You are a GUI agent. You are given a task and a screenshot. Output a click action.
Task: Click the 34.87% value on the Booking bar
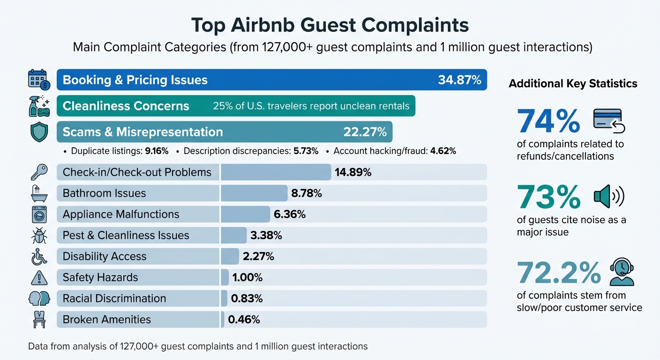pyautogui.click(x=459, y=80)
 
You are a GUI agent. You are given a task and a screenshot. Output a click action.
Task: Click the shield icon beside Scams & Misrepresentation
pyautogui.click(x=39, y=132)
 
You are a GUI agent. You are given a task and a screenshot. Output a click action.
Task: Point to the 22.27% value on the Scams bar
pyautogui.click(x=365, y=132)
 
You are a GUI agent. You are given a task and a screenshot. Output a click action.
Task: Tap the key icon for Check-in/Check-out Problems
pyautogui.click(x=39, y=172)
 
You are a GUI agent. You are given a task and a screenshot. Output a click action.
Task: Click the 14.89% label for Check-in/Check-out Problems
pyautogui.click(x=353, y=172)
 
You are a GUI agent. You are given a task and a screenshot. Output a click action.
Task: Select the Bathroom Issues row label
pyautogui.click(x=104, y=193)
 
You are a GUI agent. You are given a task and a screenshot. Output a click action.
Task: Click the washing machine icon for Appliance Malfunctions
pyautogui.click(x=39, y=214)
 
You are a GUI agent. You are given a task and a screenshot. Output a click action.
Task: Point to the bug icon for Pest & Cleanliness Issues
pyautogui.click(x=39, y=235)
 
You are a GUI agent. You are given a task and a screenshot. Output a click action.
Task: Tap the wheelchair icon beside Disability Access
pyautogui.click(x=39, y=256)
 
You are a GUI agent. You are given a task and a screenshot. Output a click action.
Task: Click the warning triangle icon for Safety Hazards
pyautogui.click(x=39, y=277)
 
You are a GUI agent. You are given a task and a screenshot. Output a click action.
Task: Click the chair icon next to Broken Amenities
pyautogui.click(x=39, y=320)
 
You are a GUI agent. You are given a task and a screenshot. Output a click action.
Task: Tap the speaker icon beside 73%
pyautogui.click(x=609, y=197)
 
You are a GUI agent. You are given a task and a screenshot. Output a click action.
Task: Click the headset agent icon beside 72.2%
pyautogui.click(x=622, y=273)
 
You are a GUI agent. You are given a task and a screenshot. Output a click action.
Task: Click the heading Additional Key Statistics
pyautogui.click(x=573, y=84)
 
